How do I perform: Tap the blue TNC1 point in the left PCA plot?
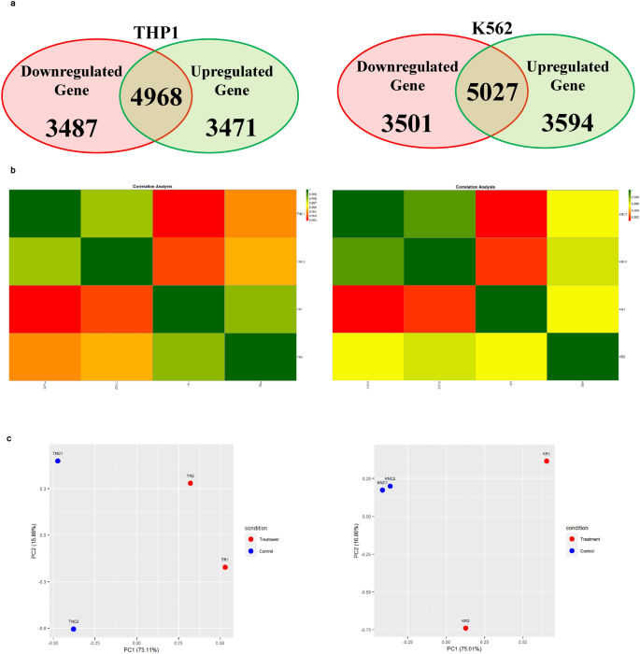(57, 462)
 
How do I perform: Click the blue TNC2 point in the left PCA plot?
(73, 630)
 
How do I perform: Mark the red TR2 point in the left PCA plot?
(190, 483)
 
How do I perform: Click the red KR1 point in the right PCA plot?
(547, 462)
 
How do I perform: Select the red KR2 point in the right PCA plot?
(465, 628)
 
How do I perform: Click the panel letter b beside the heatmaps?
(11, 171)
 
